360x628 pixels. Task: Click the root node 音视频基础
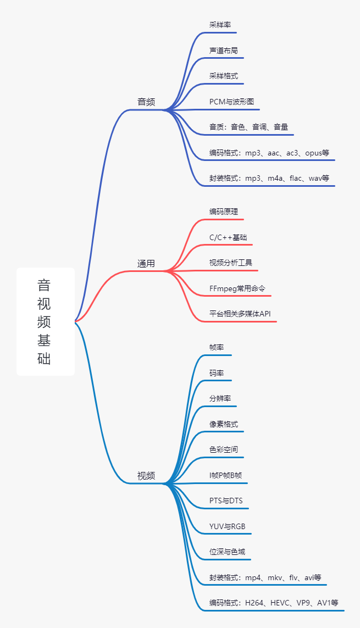[x=45, y=321]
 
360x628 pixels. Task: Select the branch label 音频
[x=146, y=102]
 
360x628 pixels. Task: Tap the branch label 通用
[x=146, y=264]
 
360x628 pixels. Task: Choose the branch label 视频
[x=146, y=476]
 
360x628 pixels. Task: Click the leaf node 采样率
[x=220, y=25]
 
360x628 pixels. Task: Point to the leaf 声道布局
[x=224, y=51]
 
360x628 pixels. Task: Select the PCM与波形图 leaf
[x=231, y=102]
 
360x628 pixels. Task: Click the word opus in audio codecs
[x=313, y=153]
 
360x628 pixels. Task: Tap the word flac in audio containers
[x=296, y=178]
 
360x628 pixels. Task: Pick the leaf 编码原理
[x=224, y=212]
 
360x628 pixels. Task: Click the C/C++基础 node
[x=228, y=237]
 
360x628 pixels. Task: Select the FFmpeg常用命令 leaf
[x=237, y=288]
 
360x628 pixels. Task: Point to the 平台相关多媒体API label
[x=240, y=314]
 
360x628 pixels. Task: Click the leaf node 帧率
[x=216, y=347]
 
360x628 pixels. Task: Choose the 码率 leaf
[x=216, y=373]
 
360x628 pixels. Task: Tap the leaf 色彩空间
[x=224, y=449]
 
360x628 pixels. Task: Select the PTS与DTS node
[x=226, y=501]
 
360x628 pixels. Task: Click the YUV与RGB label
[x=227, y=526]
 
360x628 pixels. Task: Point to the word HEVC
[x=280, y=603]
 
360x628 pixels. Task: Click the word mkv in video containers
[x=275, y=577]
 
